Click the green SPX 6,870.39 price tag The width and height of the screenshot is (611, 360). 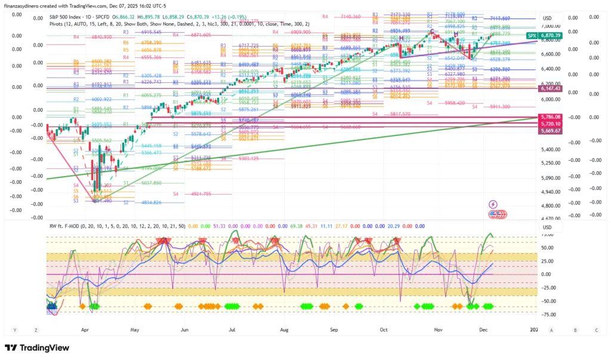coord(543,36)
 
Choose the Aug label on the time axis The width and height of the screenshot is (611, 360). coord(284,330)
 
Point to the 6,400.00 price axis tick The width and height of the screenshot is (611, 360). coord(550,69)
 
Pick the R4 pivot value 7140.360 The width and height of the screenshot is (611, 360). coord(349,17)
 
